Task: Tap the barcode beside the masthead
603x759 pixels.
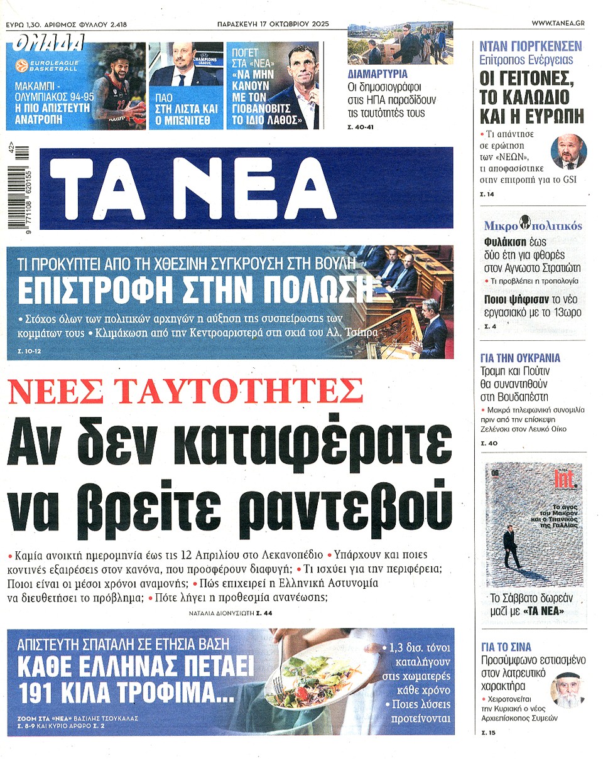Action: (23, 188)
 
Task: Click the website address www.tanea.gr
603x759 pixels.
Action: (557, 23)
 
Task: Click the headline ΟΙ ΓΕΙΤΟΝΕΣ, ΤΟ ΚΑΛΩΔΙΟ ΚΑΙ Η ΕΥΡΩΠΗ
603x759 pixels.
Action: (531, 97)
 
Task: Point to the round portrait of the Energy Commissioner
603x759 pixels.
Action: (568, 152)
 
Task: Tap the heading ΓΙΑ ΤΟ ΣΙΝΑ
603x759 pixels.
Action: (505, 647)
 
